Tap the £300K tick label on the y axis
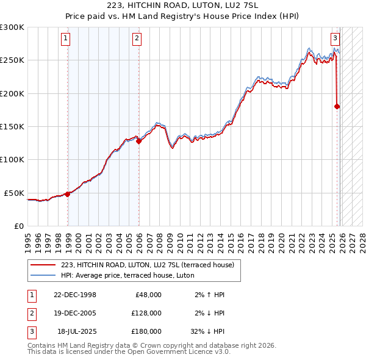12,27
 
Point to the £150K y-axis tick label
12,127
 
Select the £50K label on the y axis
15,193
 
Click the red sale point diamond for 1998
67,194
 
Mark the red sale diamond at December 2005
138,141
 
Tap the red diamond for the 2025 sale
337,106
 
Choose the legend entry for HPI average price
127,275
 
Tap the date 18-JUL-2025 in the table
75,331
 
